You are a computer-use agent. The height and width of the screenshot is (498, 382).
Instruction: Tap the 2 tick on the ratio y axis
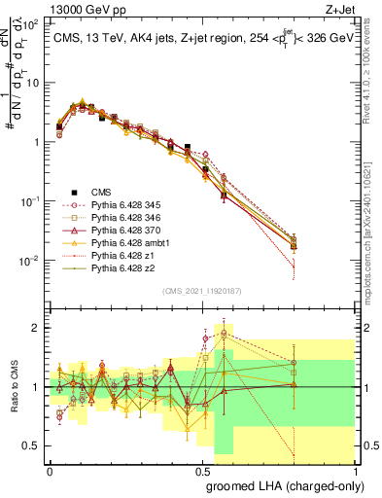pos(36,328)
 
